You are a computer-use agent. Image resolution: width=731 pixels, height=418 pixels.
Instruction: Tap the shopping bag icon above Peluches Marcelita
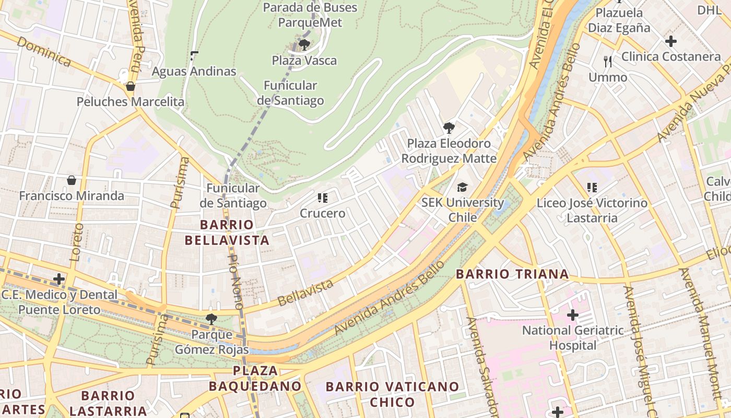pyautogui.click(x=131, y=86)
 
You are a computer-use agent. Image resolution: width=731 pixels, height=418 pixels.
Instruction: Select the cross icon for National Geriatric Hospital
pyautogui.click(x=573, y=315)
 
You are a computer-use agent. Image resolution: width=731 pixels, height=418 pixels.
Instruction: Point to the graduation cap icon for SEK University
pyautogui.click(x=463, y=187)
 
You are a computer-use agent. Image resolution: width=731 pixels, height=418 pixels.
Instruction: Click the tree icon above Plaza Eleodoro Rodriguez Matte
pyautogui.click(x=449, y=127)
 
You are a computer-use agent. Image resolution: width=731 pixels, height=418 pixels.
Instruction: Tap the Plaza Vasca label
pyautogui.click(x=304, y=61)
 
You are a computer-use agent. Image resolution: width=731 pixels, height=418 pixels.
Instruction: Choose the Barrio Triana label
pyautogui.click(x=512, y=274)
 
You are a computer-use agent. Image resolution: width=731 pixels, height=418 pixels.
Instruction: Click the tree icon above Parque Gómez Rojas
pyautogui.click(x=211, y=319)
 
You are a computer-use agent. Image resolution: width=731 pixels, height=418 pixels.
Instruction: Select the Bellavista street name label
pyautogui.click(x=305, y=293)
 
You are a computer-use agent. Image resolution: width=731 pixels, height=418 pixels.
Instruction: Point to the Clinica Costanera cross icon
pyautogui.click(x=671, y=41)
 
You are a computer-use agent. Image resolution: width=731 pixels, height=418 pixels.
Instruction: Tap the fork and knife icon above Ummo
pyautogui.click(x=608, y=62)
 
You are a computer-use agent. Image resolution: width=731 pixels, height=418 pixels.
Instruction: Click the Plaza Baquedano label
pyautogui.click(x=255, y=379)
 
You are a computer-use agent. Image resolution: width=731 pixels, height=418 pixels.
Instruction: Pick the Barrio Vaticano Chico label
pyautogui.click(x=392, y=394)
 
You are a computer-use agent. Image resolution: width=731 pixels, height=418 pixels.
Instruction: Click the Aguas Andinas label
pyautogui.click(x=194, y=72)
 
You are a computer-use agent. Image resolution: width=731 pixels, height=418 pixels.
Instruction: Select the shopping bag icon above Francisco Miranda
pyautogui.click(x=72, y=180)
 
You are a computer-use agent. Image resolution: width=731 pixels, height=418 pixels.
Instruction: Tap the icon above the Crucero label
pyautogui.click(x=323, y=198)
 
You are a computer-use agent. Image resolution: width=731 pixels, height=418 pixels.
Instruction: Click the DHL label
pyautogui.click(x=710, y=9)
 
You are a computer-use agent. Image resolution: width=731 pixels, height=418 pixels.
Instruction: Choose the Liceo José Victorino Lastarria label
pyautogui.click(x=592, y=210)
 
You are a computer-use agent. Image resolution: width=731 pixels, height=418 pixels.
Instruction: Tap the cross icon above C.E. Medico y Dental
pyautogui.click(x=59, y=279)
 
